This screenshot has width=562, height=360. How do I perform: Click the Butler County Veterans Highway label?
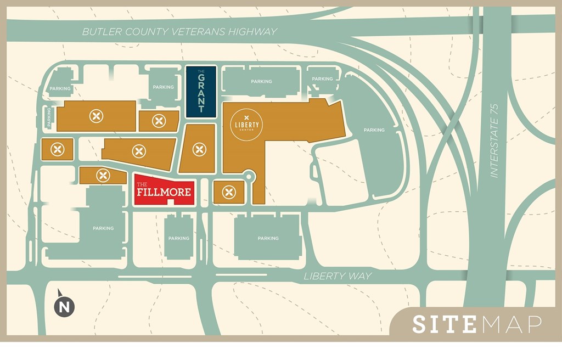pos(179,32)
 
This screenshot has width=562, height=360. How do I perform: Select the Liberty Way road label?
pos(338,276)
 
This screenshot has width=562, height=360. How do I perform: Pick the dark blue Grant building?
pos(200,92)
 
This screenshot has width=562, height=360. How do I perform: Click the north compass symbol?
pos(64,306)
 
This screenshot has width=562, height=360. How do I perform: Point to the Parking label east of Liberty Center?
pos(374,130)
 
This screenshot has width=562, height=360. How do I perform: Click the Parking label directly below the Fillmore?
pos(179,238)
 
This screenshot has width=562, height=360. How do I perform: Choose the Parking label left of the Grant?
pos(164,87)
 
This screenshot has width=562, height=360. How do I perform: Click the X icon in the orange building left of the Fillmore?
pos(103,176)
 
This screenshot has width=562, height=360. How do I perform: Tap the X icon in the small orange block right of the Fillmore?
pos(229,192)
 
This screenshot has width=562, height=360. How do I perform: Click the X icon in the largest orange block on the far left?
pos(97,116)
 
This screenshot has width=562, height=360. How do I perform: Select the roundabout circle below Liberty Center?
pos(249,176)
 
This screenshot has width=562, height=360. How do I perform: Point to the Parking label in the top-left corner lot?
pos(60,88)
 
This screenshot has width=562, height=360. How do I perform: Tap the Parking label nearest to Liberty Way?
pos(268,238)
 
